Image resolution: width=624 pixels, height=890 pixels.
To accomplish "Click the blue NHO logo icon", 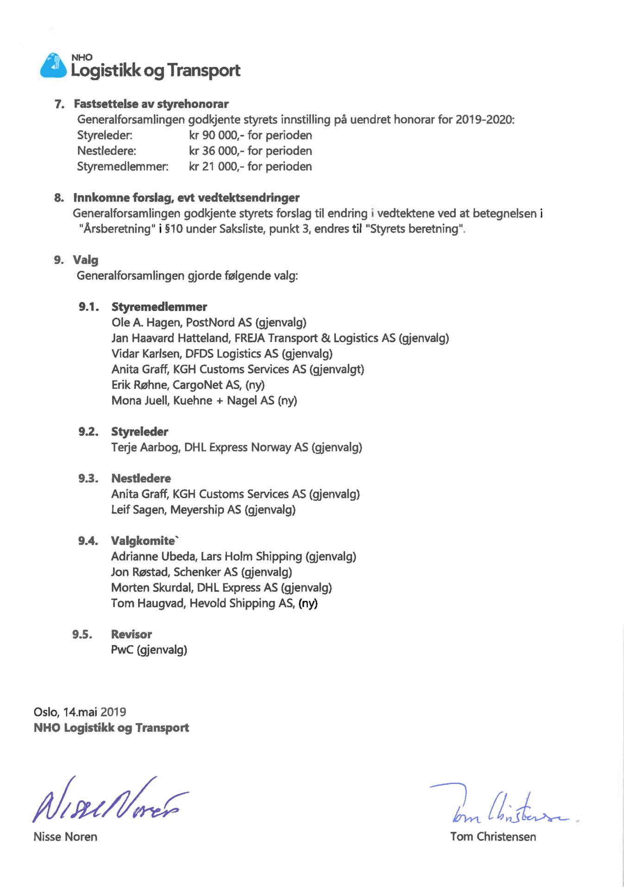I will (x=53, y=65).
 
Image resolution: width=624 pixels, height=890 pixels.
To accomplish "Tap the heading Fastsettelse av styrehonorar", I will (x=151, y=104).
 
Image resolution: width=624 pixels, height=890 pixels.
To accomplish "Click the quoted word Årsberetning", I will (x=117, y=229).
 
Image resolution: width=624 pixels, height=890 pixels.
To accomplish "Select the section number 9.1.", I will (x=88, y=307).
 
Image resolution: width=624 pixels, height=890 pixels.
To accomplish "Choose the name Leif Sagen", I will (x=138, y=510).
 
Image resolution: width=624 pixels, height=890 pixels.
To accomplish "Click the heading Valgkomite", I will (x=144, y=541).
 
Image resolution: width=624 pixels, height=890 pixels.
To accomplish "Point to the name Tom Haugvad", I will (x=147, y=604).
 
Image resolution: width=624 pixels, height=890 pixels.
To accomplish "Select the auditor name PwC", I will (x=122, y=650).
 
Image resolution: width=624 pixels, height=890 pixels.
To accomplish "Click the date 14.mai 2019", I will (x=95, y=712).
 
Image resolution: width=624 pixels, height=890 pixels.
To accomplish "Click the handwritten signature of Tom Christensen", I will (x=505, y=807).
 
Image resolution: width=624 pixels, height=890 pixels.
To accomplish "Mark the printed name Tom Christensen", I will (x=493, y=837).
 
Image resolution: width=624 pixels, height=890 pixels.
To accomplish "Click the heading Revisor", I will (x=131, y=635).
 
